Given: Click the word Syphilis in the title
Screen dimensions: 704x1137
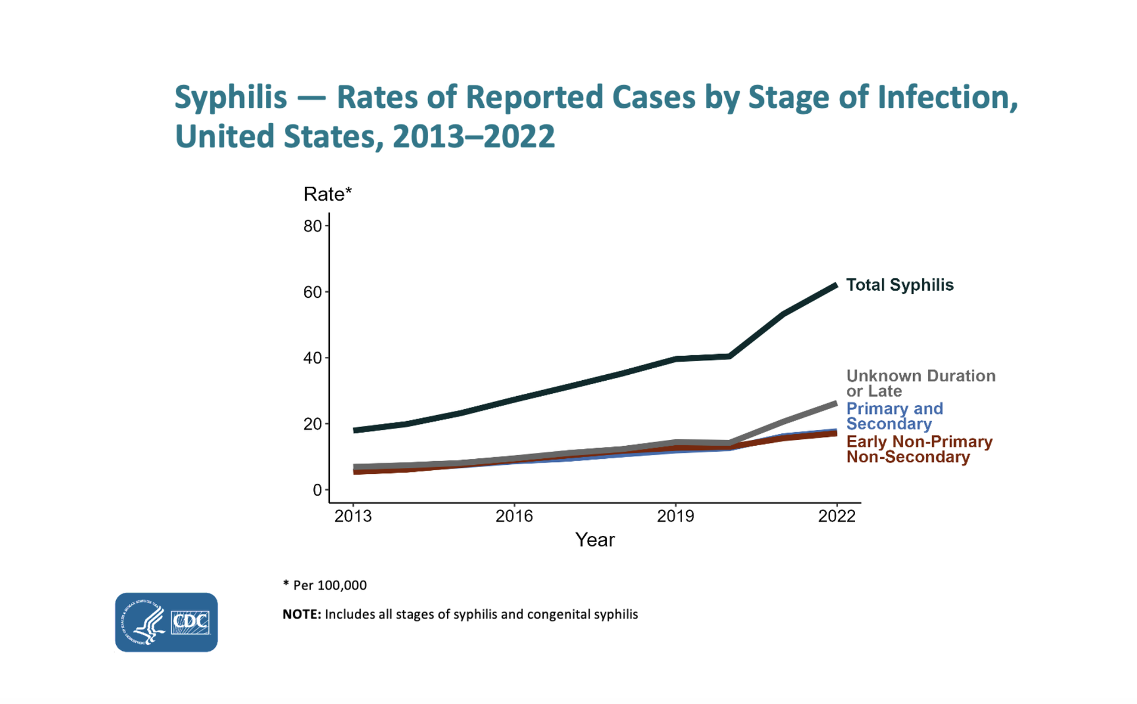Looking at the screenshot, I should tap(230, 98).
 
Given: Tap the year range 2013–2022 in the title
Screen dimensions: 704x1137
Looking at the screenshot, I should tap(473, 137).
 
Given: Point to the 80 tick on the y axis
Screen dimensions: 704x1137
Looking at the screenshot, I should tap(312, 226).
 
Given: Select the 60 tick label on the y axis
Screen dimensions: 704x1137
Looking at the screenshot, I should tap(312, 292).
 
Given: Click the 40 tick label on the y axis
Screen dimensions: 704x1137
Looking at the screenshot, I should tap(312, 358).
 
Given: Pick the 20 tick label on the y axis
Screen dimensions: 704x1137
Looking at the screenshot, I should tap(312, 424).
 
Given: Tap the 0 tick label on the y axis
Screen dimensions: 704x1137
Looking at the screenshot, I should tap(317, 490).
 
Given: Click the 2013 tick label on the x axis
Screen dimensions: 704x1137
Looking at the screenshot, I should tap(353, 516).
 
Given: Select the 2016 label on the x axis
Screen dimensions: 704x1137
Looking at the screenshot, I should tap(514, 516).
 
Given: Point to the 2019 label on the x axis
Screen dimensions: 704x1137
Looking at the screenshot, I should tap(675, 516).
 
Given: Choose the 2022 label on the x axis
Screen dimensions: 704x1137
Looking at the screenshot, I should tap(836, 516).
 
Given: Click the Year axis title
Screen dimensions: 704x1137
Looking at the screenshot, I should tap(595, 540).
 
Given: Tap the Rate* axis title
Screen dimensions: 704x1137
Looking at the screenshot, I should tap(327, 194).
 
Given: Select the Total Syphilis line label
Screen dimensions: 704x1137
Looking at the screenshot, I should tap(900, 285).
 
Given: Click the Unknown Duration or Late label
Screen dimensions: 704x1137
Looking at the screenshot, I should tap(920, 383).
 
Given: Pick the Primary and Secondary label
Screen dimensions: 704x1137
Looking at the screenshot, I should tap(894, 416).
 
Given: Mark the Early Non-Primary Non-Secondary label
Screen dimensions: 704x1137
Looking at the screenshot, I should tap(918, 449).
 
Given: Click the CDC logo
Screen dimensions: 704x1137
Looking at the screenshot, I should tap(166, 622).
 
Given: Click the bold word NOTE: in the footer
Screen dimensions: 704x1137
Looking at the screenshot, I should tap(301, 615).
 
